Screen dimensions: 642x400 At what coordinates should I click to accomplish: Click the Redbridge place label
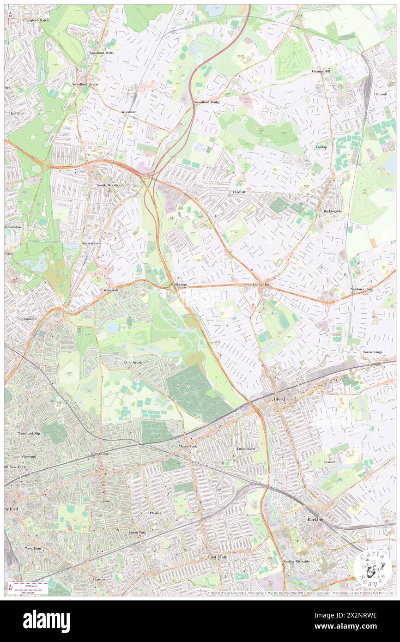(179, 285)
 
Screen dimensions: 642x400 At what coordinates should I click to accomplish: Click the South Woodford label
(109, 185)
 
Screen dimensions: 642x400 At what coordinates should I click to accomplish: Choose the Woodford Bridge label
(207, 102)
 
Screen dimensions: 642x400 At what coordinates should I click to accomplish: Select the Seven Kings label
(373, 352)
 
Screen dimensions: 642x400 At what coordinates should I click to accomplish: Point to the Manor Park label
(188, 447)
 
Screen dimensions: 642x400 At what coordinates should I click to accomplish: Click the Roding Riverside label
(297, 561)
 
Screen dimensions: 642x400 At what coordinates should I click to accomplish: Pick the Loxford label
(329, 462)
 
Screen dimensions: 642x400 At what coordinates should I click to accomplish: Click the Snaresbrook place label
(91, 243)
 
